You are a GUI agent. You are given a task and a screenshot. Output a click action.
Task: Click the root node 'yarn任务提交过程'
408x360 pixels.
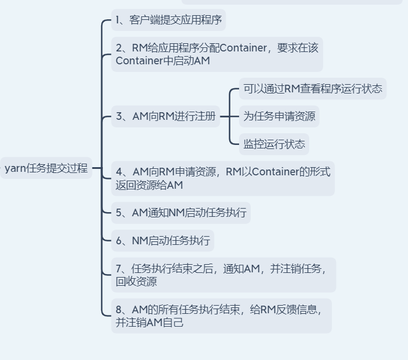(46, 168)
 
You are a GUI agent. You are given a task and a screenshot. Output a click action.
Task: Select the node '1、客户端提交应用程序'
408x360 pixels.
(168, 20)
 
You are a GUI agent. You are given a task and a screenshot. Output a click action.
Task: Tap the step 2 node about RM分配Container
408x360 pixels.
(217, 54)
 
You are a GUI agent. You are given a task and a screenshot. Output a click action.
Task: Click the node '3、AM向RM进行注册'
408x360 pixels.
(165, 116)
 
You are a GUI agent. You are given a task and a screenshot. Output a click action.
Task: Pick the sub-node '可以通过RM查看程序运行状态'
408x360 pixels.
(313, 89)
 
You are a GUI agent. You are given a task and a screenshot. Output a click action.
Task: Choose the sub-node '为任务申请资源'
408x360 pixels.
(279, 116)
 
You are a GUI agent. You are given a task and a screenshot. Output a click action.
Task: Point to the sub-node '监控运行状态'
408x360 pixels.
(274, 144)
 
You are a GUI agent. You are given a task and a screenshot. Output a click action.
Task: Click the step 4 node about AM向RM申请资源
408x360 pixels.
(223, 178)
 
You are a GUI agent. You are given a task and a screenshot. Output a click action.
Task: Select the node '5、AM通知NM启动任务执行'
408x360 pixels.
(181, 213)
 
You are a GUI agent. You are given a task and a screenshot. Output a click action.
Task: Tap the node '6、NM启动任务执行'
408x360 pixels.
(162, 240)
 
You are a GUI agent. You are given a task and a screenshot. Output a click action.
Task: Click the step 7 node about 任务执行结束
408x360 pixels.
(223, 275)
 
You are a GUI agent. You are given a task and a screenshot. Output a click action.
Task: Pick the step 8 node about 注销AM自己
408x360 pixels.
(221, 316)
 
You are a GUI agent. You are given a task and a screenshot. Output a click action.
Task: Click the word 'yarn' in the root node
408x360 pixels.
(16, 168)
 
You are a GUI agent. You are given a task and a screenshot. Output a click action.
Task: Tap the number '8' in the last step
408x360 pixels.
(119, 310)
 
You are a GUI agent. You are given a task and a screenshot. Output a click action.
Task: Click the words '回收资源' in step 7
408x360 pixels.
(136, 282)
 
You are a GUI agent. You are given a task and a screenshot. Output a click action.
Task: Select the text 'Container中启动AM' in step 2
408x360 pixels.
(162, 61)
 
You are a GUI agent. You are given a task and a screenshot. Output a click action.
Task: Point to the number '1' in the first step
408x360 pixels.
(118, 20)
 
